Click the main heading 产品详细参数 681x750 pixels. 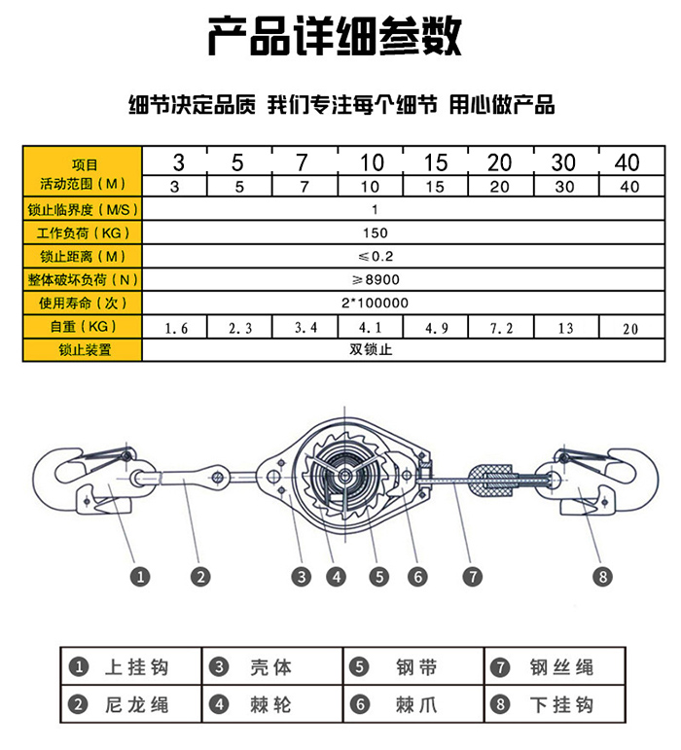[334, 37]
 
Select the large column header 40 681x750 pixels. [628, 161]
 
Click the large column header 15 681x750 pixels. [436, 161]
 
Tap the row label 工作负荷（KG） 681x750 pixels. [84, 233]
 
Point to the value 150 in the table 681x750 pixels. [374, 233]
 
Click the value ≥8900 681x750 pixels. [374, 280]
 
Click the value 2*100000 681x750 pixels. [375, 304]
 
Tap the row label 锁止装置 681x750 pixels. [84, 350]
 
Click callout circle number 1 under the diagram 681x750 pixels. [141, 577]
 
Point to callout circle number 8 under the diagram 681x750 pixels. [604, 577]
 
